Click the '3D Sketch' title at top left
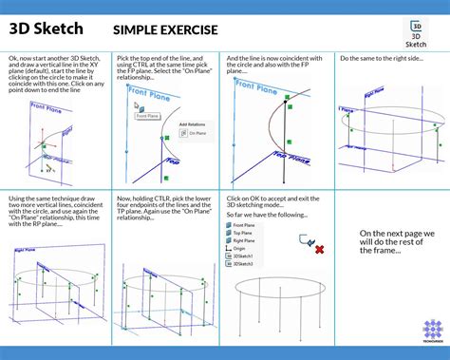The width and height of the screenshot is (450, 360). coord(47,29)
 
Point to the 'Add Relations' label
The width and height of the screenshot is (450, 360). coord(193,123)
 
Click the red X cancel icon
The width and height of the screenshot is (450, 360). coord(319,249)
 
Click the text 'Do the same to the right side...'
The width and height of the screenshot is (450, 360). coord(384,59)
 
